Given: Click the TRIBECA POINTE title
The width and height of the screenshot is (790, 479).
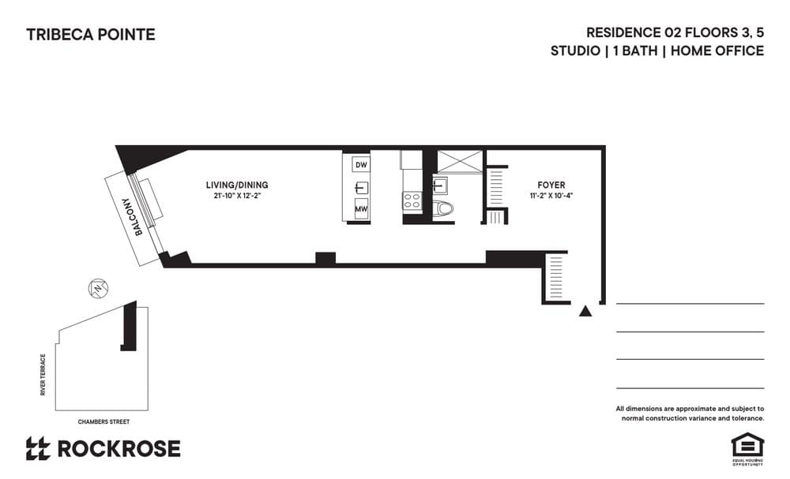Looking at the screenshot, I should coord(91,35).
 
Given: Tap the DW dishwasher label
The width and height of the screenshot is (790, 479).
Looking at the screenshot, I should coord(361,165).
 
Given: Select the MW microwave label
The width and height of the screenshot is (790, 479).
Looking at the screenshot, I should coord(361,210).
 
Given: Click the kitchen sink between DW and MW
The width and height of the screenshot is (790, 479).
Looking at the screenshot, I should coord(361,188).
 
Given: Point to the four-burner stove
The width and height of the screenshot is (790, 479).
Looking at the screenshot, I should coord(412,201).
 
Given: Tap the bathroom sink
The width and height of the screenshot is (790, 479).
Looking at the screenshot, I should coord(440,186).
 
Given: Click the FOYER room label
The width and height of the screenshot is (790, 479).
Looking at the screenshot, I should coord(551,185).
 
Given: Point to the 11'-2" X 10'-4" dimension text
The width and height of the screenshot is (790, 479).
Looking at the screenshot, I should coord(551,196).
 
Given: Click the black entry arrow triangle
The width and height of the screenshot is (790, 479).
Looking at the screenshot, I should coord(585,312).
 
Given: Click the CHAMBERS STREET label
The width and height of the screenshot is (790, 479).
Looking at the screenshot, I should coord(103,422).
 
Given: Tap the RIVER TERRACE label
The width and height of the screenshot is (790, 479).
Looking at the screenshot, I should coord(43,375).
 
